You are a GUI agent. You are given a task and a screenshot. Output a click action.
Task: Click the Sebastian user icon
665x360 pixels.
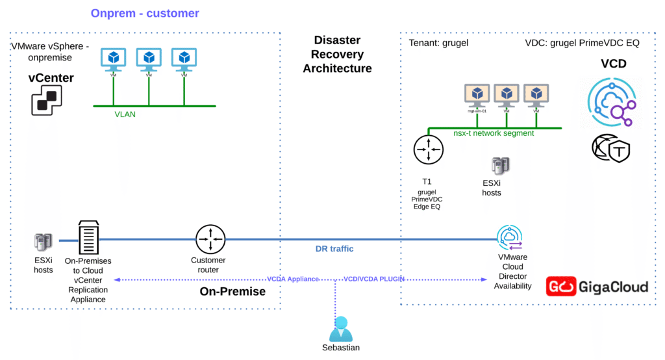point(340,329)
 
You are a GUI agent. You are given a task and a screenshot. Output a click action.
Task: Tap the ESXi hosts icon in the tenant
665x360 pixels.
point(499,166)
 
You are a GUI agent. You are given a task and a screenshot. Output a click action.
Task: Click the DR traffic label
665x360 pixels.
point(335,249)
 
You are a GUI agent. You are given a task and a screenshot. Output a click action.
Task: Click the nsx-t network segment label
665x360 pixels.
point(494,133)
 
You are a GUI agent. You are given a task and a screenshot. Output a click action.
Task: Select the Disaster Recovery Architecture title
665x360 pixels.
point(337,55)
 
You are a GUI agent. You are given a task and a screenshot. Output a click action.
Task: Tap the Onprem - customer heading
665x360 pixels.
point(145,13)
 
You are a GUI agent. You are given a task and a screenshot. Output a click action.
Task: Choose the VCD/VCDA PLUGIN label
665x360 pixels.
point(374,279)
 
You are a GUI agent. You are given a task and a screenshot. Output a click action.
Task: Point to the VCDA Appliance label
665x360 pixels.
point(293,279)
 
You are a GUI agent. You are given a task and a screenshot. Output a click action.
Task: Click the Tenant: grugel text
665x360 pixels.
point(438,44)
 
